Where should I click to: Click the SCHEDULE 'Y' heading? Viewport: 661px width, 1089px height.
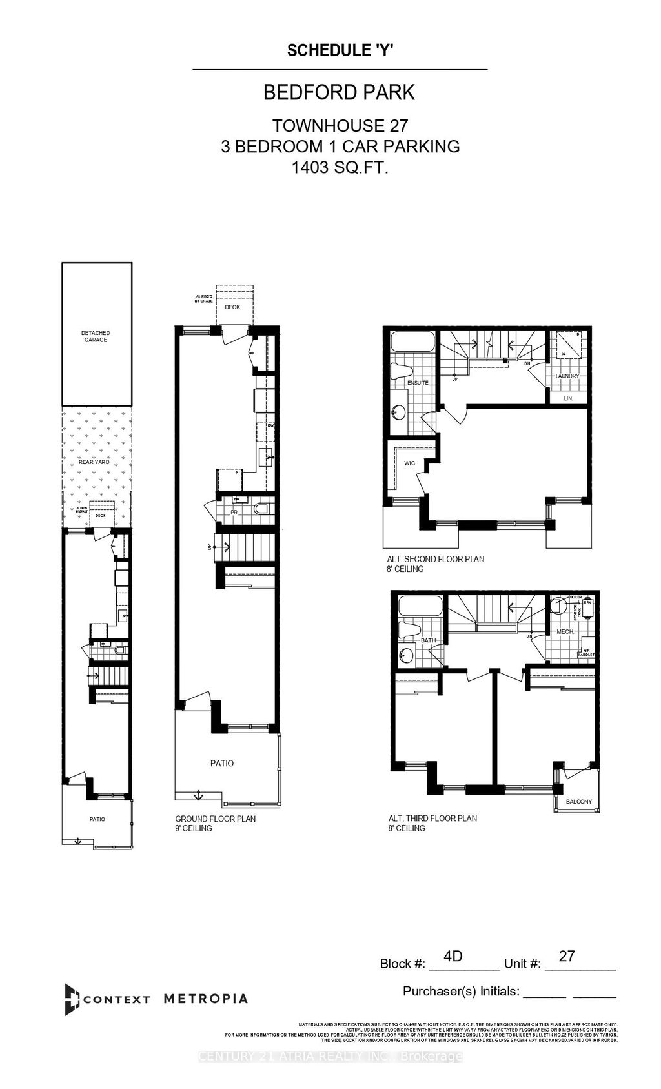pos(340,51)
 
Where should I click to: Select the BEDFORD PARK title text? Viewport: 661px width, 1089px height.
pos(340,92)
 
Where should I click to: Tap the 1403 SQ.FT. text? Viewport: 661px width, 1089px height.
pos(340,168)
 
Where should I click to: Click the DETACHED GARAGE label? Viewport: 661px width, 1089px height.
pos(96,336)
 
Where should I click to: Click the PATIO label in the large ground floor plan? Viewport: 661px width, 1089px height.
pos(222,763)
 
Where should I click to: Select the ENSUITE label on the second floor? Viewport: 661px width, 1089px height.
pos(418,383)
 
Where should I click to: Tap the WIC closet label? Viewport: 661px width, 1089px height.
pos(409,463)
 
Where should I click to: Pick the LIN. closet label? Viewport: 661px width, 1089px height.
pos(568,398)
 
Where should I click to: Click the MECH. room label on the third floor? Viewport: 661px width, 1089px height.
pos(565,631)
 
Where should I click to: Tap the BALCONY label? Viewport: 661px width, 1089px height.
pos(578,802)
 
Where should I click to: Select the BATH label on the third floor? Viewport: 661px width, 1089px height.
pos(428,640)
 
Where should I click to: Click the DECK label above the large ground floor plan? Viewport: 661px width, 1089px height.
pos(232,307)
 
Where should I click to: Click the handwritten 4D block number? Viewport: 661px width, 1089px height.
pos(454,956)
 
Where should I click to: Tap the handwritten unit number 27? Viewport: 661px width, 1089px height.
pos(567,956)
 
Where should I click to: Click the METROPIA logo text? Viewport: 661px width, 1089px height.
pos(205,999)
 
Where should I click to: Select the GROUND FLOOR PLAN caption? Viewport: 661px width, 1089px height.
pos(216,819)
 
